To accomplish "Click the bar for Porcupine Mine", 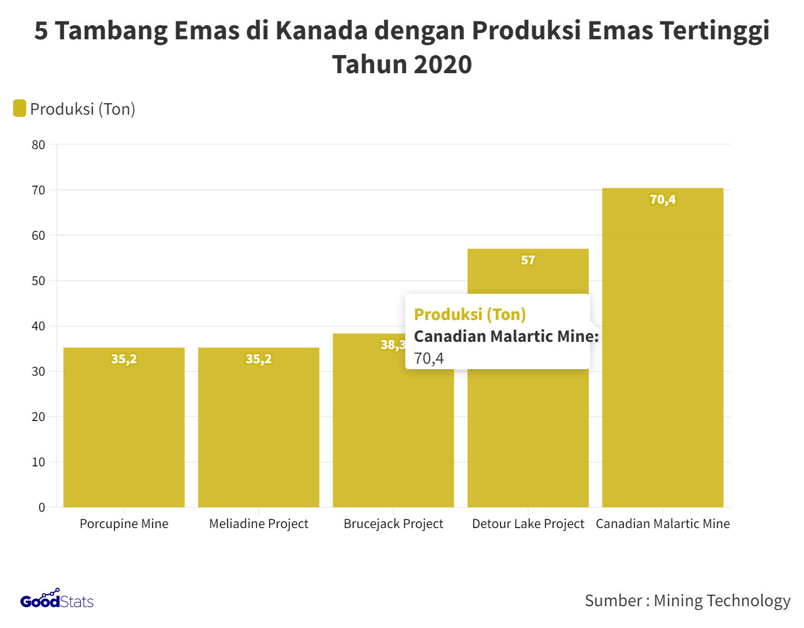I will (124, 431).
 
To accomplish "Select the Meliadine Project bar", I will (258, 431).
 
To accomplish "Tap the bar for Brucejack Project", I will (393, 437).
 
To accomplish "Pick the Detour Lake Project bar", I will (528, 437).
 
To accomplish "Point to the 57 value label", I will (528, 260).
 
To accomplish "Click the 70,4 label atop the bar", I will (663, 200).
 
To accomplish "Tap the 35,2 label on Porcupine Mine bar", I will (124, 359).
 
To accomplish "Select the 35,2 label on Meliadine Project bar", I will (258, 359).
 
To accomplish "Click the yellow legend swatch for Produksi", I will (20, 108).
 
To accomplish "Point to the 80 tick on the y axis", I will (38, 145).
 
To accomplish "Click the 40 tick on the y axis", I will (38, 327).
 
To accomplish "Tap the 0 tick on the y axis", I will (42, 507).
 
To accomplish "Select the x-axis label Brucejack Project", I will (393, 524).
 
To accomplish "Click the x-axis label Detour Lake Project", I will (528, 524).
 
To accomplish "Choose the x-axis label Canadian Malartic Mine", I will (663, 524).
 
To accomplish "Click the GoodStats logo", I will (57, 600).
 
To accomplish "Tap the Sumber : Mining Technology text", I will (687, 601).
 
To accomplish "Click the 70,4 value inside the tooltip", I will (429, 358).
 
